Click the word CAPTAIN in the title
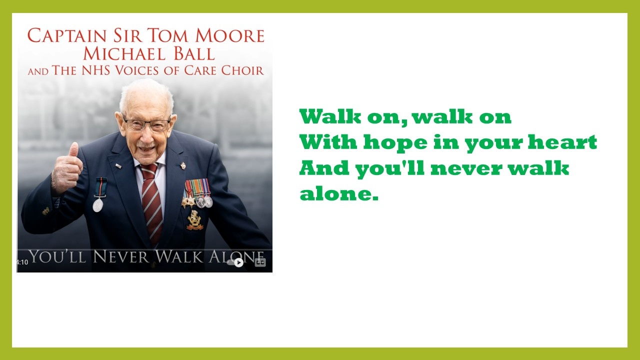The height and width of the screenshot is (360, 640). (x=67, y=35)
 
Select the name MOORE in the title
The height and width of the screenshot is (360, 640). (x=229, y=35)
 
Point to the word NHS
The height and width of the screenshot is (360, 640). (x=95, y=70)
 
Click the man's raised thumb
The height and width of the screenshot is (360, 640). (x=73, y=149)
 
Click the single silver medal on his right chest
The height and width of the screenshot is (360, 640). (x=98, y=205)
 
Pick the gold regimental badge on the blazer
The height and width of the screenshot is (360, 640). (x=194, y=220)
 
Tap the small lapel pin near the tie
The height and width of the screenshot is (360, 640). (x=183, y=165)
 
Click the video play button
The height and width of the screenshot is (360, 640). (x=238, y=262)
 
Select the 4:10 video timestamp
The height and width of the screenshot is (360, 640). (x=22, y=262)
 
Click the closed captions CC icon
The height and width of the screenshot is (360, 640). (x=260, y=262)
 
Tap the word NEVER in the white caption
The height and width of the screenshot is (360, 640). (x=121, y=256)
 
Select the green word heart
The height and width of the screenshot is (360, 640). (x=562, y=142)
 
